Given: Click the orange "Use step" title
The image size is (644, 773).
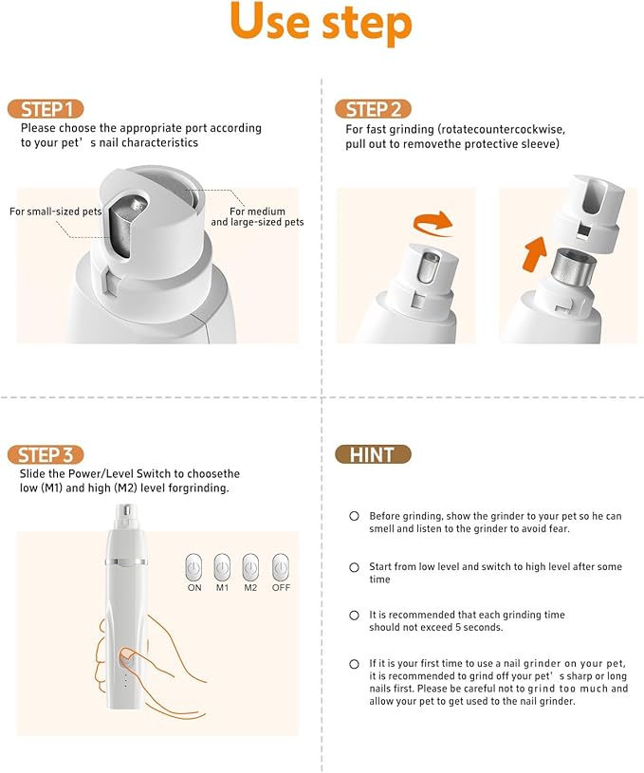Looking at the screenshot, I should (x=321, y=24).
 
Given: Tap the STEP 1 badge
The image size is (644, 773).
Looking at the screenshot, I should (x=46, y=108).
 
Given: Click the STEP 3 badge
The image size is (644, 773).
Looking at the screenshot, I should (x=46, y=454).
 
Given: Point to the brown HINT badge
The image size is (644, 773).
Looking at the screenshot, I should (x=373, y=454).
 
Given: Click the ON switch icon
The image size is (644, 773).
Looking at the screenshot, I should (x=194, y=566).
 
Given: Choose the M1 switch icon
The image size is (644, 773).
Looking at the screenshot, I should (x=223, y=566).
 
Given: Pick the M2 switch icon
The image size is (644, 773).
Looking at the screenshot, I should (x=251, y=566).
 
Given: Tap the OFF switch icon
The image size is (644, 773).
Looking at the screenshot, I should (x=280, y=566).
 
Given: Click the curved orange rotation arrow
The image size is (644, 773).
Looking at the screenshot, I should (x=432, y=224).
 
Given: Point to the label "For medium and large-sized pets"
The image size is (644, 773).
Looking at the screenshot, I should (x=257, y=216).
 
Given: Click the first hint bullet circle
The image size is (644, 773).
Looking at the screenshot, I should (x=354, y=516).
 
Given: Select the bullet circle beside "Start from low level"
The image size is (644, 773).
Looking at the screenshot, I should (x=354, y=566).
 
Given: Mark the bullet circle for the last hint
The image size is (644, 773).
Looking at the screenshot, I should (x=354, y=663).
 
